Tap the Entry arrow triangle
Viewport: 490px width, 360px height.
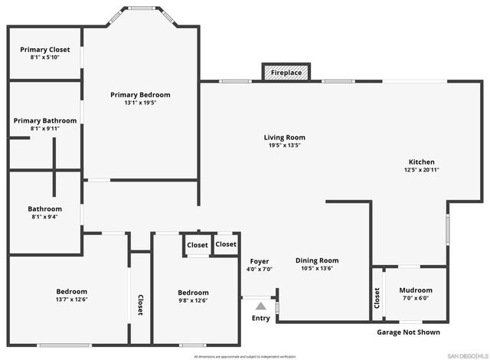260,306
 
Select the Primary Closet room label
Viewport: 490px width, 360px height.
44,49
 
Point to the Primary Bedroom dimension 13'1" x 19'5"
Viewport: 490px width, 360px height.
140,103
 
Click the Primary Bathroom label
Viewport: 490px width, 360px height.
45,120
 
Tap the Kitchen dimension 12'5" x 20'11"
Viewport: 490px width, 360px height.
421,170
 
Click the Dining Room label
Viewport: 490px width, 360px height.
317,260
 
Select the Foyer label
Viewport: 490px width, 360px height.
260,260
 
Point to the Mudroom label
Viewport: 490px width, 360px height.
416,290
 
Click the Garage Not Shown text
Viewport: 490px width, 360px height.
409,332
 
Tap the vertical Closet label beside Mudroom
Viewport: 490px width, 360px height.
377,298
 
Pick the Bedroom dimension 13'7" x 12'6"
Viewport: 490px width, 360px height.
71,299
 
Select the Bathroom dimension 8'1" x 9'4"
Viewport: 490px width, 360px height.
45,217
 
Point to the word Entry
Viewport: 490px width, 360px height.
260,319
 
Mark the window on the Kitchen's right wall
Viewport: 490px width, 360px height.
449,229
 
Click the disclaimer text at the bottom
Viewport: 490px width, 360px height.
245,356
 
